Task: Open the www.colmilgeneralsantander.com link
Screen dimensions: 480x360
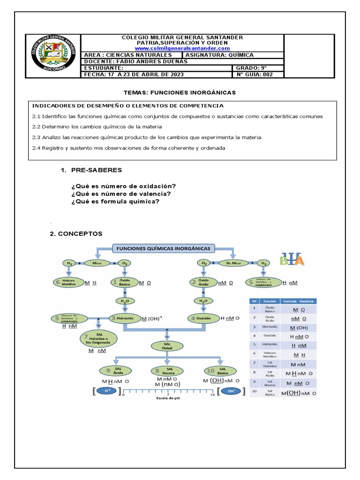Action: coord(182,48)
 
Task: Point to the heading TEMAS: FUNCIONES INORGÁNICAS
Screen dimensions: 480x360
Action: coord(180,92)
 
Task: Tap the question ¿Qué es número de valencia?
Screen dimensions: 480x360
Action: coord(121,194)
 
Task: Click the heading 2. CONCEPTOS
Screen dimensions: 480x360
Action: coord(76,233)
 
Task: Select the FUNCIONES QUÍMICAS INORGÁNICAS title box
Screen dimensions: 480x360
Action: coord(163,248)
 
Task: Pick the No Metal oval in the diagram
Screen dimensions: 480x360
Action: coord(232,263)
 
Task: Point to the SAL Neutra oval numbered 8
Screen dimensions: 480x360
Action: coord(167,370)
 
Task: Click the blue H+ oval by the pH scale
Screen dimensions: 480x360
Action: coord(107,390)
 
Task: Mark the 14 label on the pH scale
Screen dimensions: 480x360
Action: coord(213,395)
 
